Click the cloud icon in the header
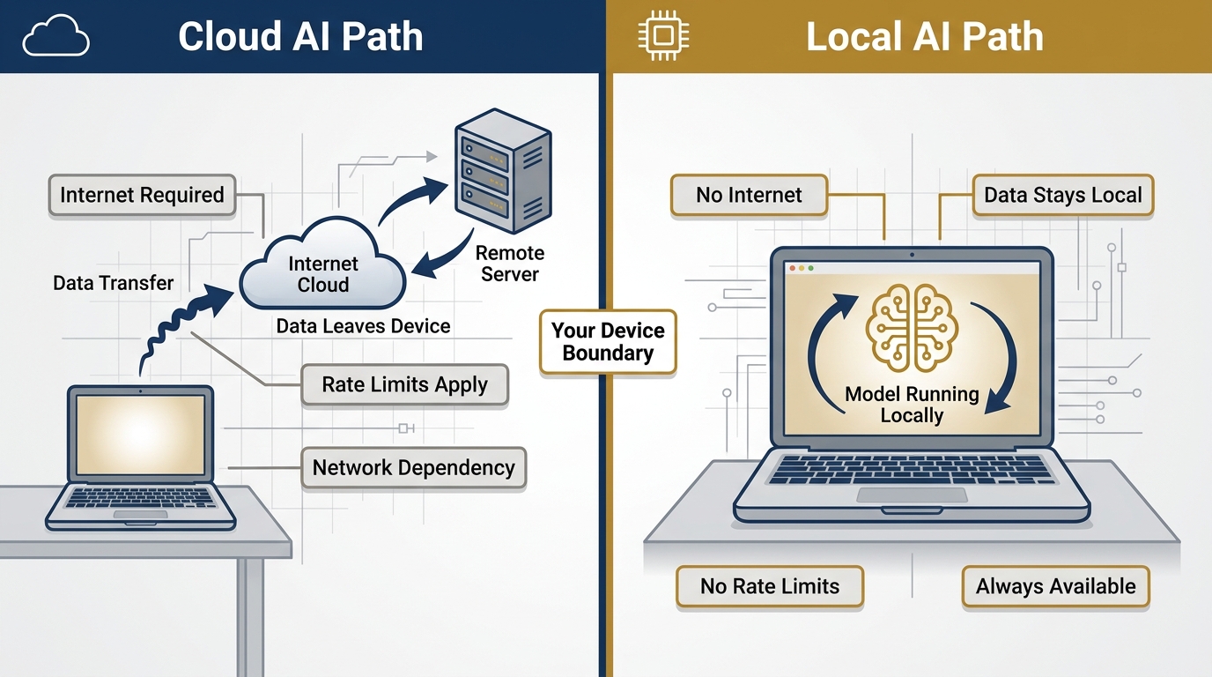pyautogui.click(x=55, y=37)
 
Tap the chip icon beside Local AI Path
pyautogui.click(x=664, y=37)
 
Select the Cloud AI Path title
pyautogui.click(x=300, y=37)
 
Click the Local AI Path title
pyautogui.click(x=925, y=37)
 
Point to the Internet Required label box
pyautogui.click(x=142, y=195)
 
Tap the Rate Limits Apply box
pyautogui.click(x=404, y=385)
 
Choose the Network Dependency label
pyautogui.click(x=413, y=468)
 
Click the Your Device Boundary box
pyautogui.click(x=608, y=342)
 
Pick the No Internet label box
pyautogui.click(x=749, y=196)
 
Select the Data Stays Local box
pyautogui.click(x=1062, y=196)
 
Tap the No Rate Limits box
pyautogui.click(x=770, y=587)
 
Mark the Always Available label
pyautogui.click(x=1055, y=587)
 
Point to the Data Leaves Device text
pyautogui.click(x=363, y=326)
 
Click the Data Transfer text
pyautogui.click(x=113, y=283)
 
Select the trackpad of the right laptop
pyautogui.click(x=911, y=496)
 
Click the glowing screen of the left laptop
pyautogui.click(x=141, y=435)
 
